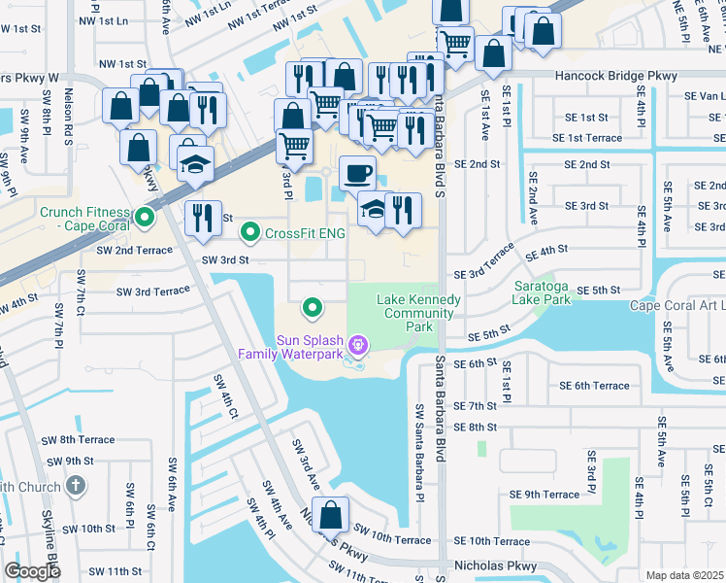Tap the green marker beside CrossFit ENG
(x=250, y=232)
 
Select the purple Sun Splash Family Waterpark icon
(x=358, y=344)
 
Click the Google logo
(x=32, y=571)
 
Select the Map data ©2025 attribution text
(x=685, y=575)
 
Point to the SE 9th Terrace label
(x=546, y=495)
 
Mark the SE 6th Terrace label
(x=594, y=386)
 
